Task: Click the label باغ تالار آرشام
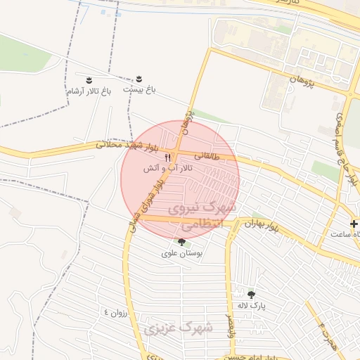pos(89,91)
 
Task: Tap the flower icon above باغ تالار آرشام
pos(89,79)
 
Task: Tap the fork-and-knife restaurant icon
pos(167,157)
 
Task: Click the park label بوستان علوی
pos(181,254)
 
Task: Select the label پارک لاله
pos(252,306)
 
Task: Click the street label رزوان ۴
pos(116,311)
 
